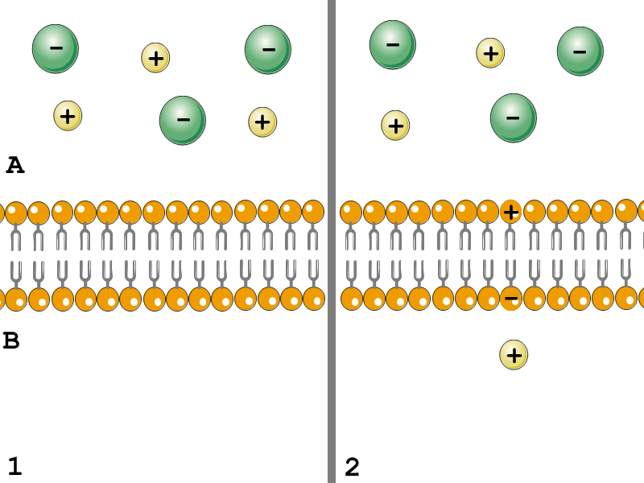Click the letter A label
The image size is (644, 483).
coord(14,165)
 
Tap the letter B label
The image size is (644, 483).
coord(11,341)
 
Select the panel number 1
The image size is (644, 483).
coord(14,466)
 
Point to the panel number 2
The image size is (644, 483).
coord(352,466)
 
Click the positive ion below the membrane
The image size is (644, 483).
coord(514,354)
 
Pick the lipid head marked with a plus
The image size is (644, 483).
coord(510,212)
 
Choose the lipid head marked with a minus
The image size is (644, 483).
coord(510,299)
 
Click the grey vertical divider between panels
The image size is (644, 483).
coord(331,242)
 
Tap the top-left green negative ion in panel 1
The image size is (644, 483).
coord(56,48)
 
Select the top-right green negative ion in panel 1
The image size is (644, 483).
coord(268,49)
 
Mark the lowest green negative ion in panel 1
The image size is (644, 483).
coord(183,120)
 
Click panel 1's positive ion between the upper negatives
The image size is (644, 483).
coord(155,57)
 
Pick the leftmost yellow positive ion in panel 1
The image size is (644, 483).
coord(68,116)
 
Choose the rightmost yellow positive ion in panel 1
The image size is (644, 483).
coord(262,122)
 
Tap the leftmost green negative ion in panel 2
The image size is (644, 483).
coord(392,44)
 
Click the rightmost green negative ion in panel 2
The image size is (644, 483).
coord(580,51)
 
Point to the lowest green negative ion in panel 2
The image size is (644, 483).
coord(513,118)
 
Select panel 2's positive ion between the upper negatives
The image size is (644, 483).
coord(490,53)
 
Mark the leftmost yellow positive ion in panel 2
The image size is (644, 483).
coord(395,125)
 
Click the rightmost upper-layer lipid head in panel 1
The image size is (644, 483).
coord(313,212)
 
